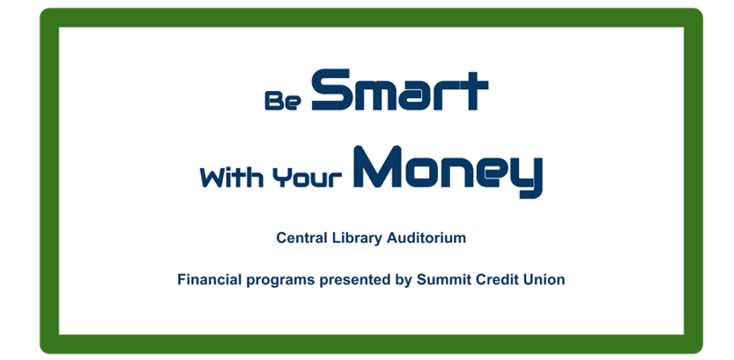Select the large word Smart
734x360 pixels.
pyautogui.click(x=399, y=90)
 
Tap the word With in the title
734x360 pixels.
pyautogui.click(x=231, y=177)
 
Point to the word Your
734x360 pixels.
pyautogui.click(x=307, y=178)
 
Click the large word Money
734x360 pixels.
pyautogui.click(x=448, y=171)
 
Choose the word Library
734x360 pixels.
pyautogui.click(x=358, y=238)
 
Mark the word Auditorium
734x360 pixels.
pyautogui.click(x=426, y=238)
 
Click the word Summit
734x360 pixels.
pyautogui.click(x=444, y=280)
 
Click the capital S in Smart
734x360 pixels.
pyautogui.click(x=331, y=90)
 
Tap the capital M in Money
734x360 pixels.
pyautogui.click(x=378, y=167)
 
